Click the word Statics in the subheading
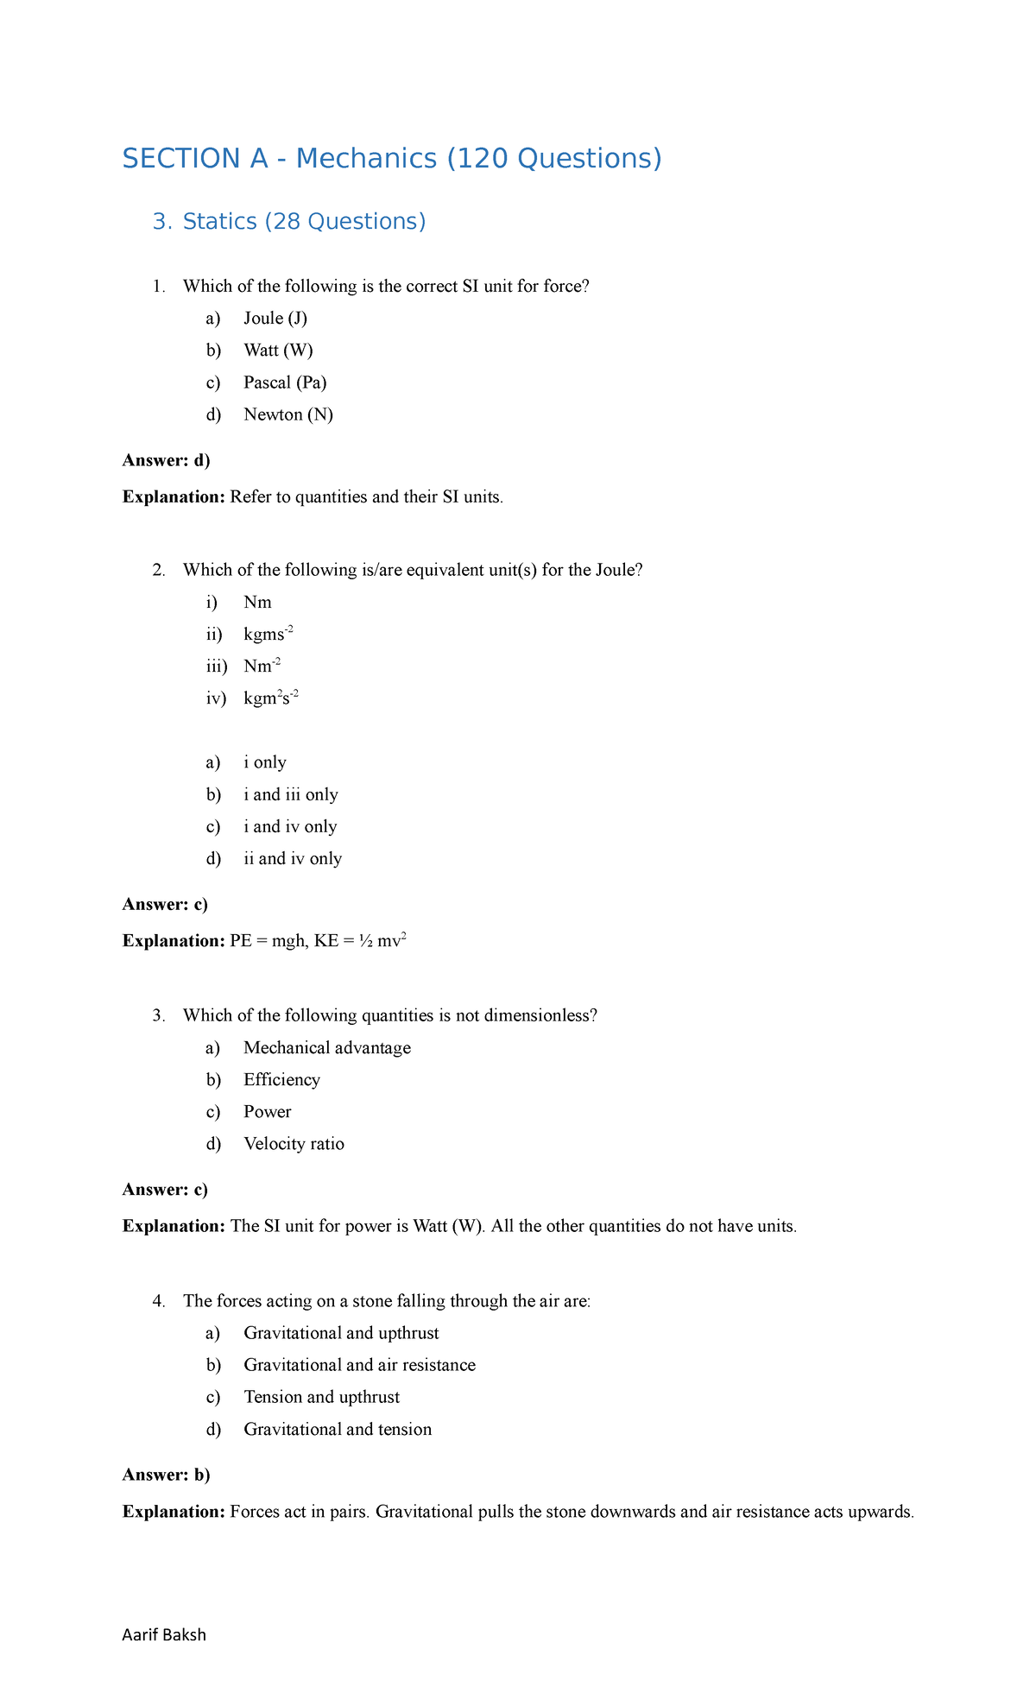pyautogui.click(x=219, y=222)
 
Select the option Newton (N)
pyautogui.click(x=288, y=414)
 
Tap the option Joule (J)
pyautogui.click(x=275, y=319)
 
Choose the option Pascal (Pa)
pyautogui.click(x=285, y=382)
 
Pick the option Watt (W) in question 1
pyautogui.click(x=278, y=351)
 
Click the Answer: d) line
pyautogui.click(x=167, y=460)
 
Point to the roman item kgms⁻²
pyautogui.click(x=268, y=635)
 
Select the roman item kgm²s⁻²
pyautogui.click(x=270, y=698)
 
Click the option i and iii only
pyautogui.click(x=290, y=794)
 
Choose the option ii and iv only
pyautogui.click(x=293, y=858)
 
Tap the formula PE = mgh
pyautogui.click(x=268, y=941)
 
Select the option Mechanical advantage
pyautogui.click(x=327, y=1048)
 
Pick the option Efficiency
pyautogui.click(x=281, y=1080)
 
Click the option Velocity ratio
pyautogui.click(x=294, y=1144)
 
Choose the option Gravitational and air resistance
pyautogui.click(x=359, y=1365)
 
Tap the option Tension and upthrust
pyautogui.click(x=321, y=1397)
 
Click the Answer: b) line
pyautogui.click(x=167, y=1475)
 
